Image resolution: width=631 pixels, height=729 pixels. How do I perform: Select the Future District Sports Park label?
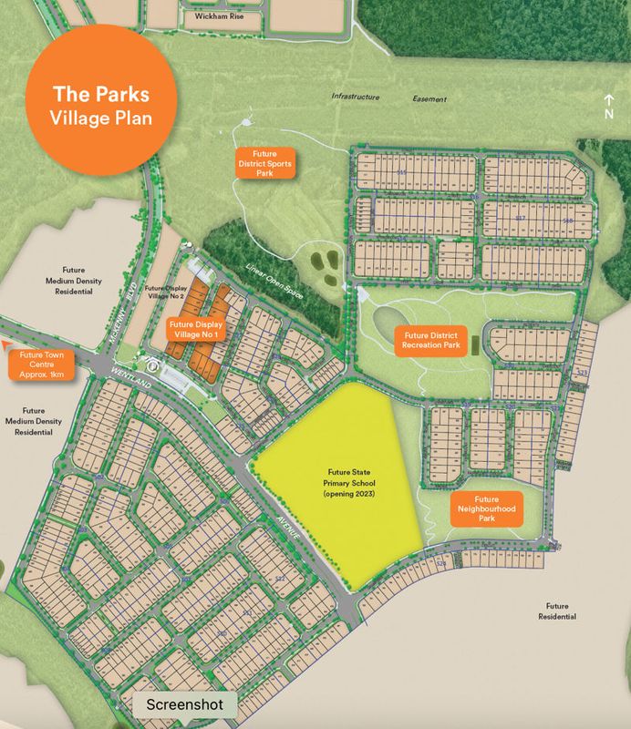(x=265, y=162)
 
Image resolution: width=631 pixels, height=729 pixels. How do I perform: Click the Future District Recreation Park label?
(x=436, y=341)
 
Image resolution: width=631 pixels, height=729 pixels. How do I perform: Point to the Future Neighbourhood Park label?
(x=486, y=508)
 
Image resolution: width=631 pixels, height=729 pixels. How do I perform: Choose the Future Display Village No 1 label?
(x=198, y=328)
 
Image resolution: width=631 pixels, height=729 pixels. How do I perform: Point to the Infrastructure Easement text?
(x=389, y=98)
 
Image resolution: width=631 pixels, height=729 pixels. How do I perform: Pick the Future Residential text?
(x=557, y=611)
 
